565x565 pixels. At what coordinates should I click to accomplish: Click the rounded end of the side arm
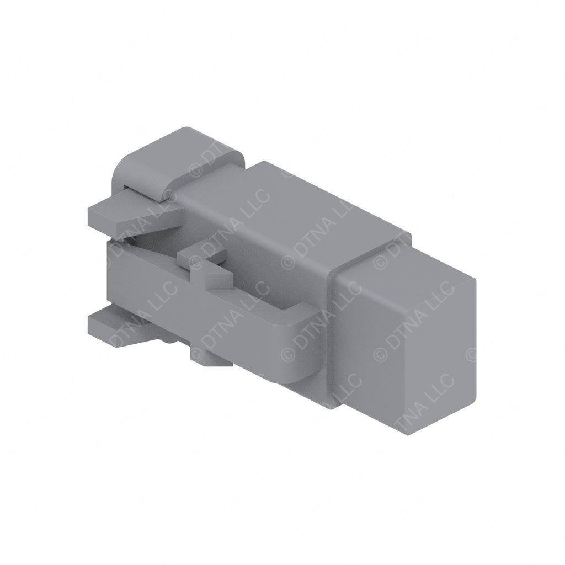point(301,348)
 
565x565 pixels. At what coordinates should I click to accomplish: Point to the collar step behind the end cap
point(331,265)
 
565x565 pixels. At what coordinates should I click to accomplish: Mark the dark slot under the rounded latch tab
point(143,190)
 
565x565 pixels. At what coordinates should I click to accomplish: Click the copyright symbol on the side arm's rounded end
point(287,353)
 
